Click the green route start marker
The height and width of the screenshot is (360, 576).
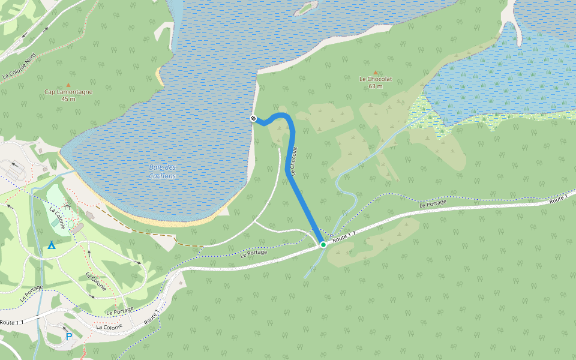click(x=323, y=244)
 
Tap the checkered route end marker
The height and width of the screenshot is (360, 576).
click(x=253, y=118)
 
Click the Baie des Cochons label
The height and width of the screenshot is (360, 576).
click(x=162, y=172)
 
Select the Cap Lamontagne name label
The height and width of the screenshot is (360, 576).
click(x=68, y=92)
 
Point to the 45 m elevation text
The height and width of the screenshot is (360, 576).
click(x=68, y=99)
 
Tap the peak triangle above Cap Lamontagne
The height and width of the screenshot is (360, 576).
click(x=68, y=85)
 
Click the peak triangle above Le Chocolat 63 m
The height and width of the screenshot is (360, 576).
click(x=376, y=72)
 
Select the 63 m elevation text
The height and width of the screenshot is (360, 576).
click(x=376, y=86)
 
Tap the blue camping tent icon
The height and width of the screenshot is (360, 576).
click(x=52, y=245)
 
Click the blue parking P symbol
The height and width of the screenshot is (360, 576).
click(x=68, y=337)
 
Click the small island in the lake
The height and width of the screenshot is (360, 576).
click(x=307, y=8)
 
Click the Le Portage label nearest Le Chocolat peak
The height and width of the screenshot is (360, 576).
click(x=433, y=204)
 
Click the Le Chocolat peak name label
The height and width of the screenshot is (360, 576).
click(x=376, y=79)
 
